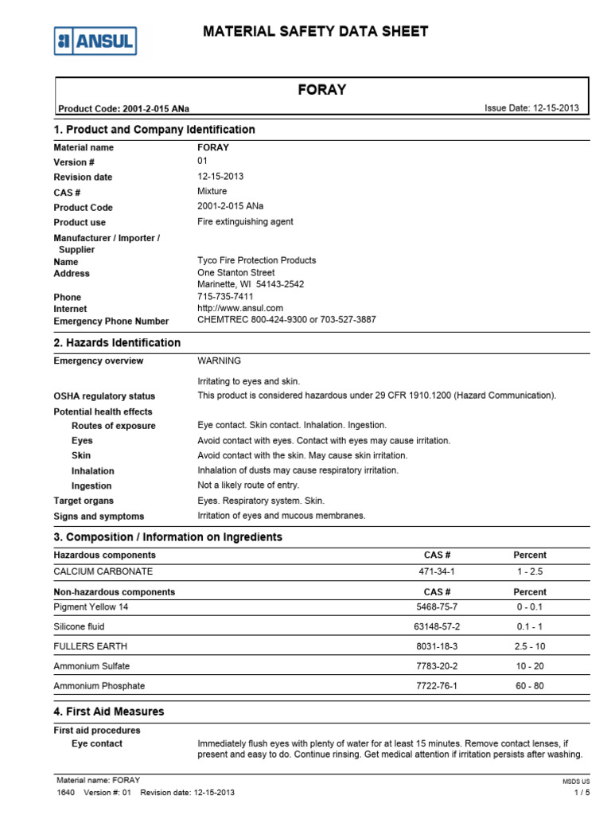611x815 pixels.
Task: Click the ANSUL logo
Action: pyautogui.click(x=95, y=41)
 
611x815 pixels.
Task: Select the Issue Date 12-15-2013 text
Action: pyautogui.click(x=531, y=108)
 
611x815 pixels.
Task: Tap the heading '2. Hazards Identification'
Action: pyautogui.click(x=117, y=343)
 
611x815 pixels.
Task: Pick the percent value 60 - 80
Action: pyautogui.click(x=530, y=686)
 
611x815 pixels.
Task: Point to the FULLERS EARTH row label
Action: pyautogui.click(x=90, y=646)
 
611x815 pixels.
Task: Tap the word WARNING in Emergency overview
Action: pyautogui.click(x=219, y=361)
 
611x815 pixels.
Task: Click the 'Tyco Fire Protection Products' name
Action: pyautogui.click(x=256, y=260)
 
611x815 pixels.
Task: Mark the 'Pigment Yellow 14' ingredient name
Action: pyautogui.click(x=91, y=607)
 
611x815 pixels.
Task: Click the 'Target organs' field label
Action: pyautogui.click(x=84, y=501)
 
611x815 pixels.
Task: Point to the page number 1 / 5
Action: pyautogui.click(x=582, y=793)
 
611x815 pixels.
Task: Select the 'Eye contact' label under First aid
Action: pyautogui.click(x=97, y=743)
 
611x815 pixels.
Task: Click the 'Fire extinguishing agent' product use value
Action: pyautogui.click(x=245, y=222)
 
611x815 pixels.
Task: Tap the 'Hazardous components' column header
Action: pyautogui.click(x=104, y=555)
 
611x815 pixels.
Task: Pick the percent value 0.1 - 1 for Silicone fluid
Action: pyautogui.click(x=530, y=627)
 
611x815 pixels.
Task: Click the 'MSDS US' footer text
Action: pyautogui.click(x=576, y=782)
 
